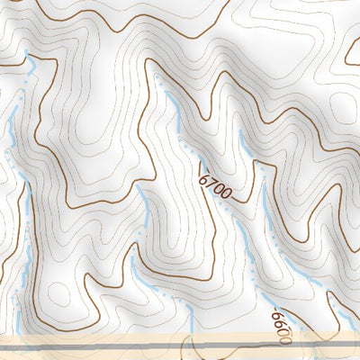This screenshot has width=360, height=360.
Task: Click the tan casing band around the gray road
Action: click(x=90, y=351)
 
